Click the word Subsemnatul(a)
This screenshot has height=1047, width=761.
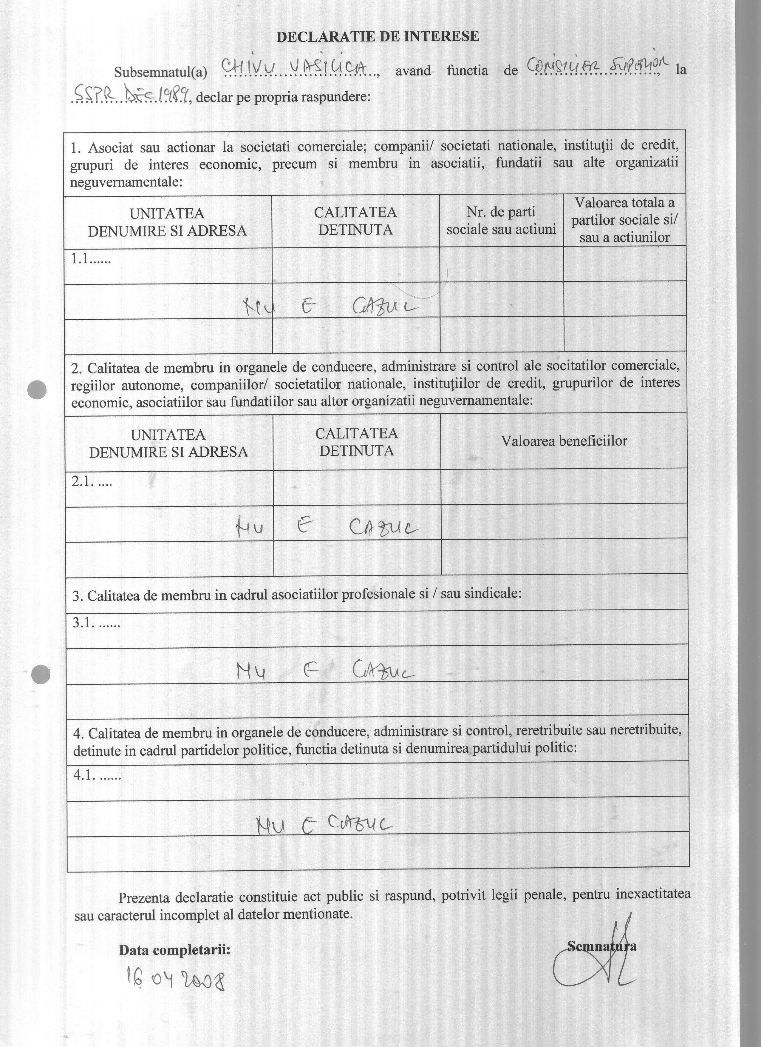pyautogui.click(x=160, y=72)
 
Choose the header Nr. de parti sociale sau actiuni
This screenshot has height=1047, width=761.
pyautogui.click(x=501, y=221)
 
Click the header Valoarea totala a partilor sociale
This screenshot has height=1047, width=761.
pyautogui.click(x=624, y=220)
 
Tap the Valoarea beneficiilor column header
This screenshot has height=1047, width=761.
pyautogui.click(x=564, y=441)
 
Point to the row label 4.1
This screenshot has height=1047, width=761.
pyautogui.click(x=97, y=776)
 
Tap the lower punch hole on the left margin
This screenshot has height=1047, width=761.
pyautogui.click(x=40, y=675)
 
